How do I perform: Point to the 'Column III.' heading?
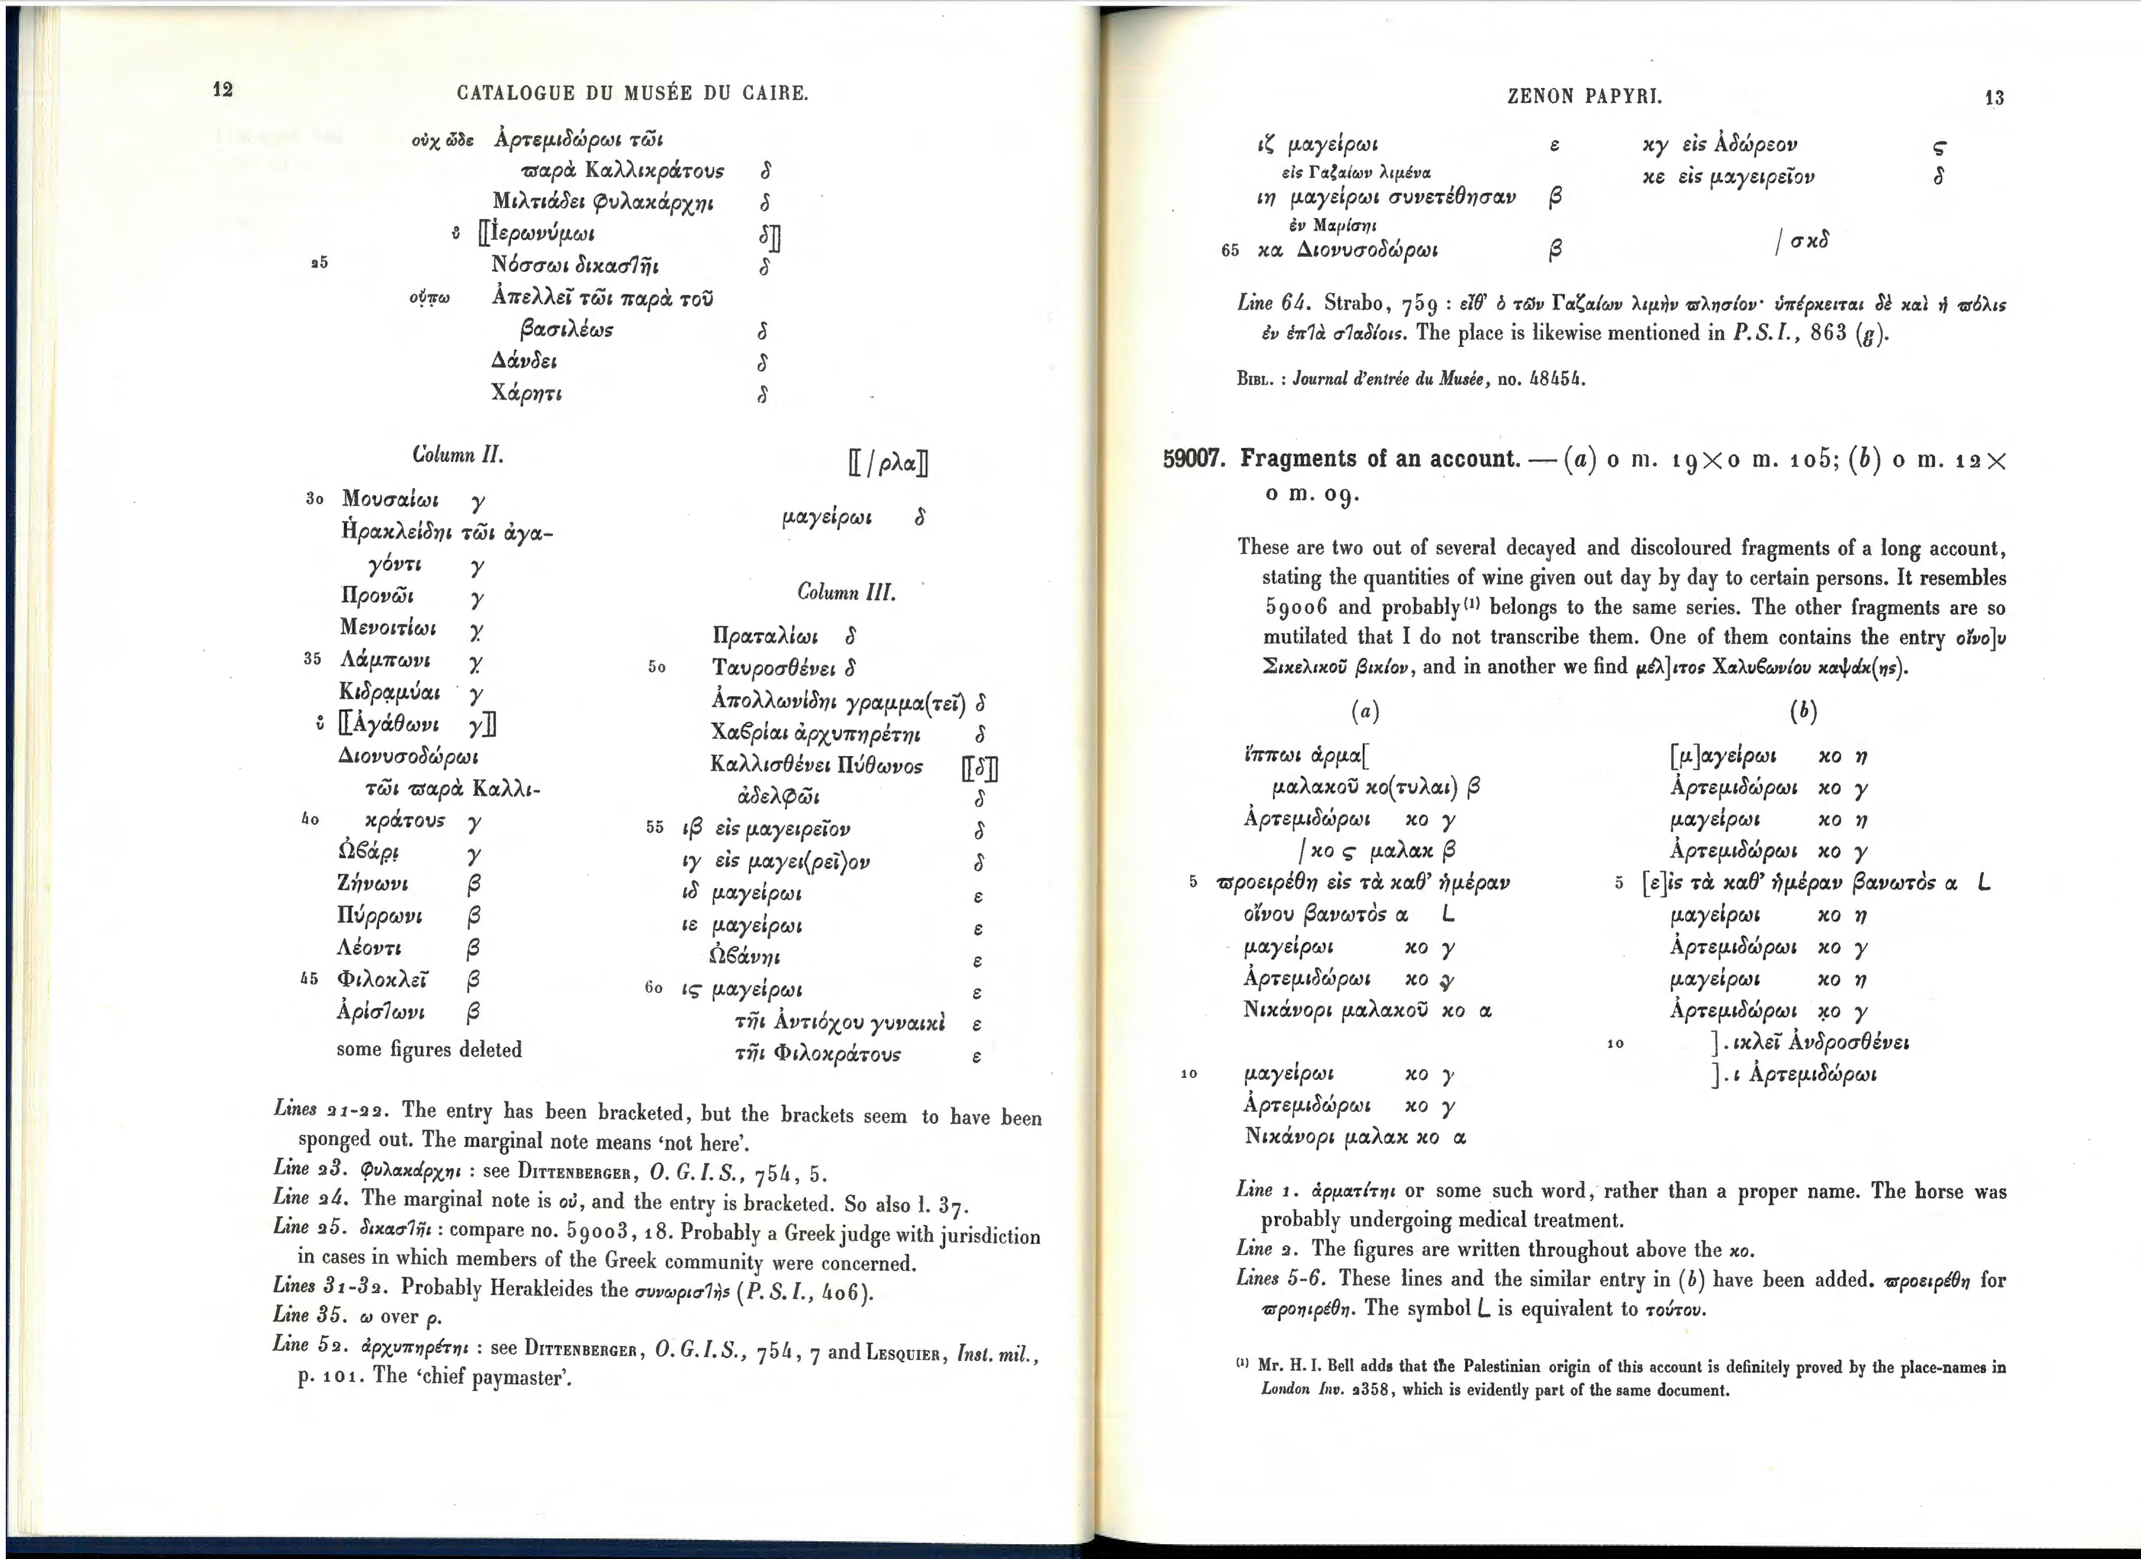coord(846,593)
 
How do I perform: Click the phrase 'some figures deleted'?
coord(429,1049)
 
